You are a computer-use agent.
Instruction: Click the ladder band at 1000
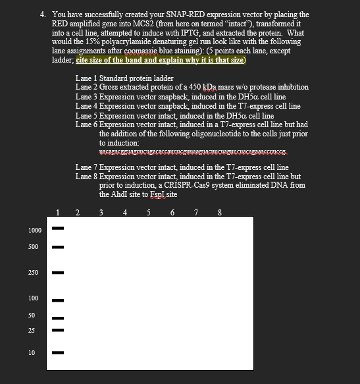59,229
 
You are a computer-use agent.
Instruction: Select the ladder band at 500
59,248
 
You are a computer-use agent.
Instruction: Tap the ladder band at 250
59,272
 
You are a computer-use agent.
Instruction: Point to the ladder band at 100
59,300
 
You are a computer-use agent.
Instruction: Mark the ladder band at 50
59,317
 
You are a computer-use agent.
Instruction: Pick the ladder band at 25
59,330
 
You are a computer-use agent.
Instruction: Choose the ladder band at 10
59,353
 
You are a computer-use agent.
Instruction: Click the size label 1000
35,230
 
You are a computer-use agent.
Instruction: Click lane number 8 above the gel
219,212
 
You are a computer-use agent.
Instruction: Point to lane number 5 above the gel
149,212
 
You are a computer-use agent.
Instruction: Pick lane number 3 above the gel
101,212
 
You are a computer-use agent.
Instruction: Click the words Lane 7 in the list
86,168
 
